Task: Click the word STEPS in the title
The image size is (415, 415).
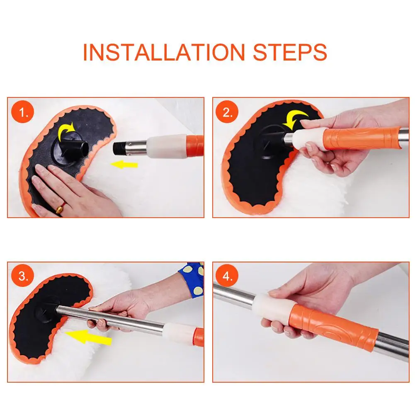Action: click(290, 52)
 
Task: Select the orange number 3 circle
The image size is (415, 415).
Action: click(23, 276)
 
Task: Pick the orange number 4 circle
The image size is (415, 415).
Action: click(227, 276)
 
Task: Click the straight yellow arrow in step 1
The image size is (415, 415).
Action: click(124, 165)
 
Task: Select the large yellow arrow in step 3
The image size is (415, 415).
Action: click(89, 337)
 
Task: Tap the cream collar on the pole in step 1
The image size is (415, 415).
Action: click(167, 146)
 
